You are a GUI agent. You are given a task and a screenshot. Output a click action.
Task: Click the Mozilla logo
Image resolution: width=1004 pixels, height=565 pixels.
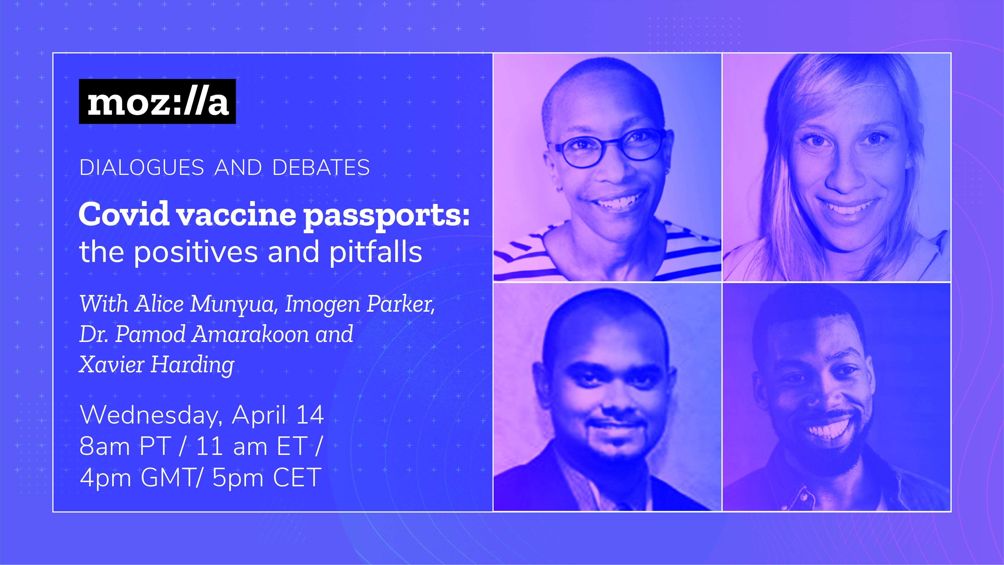coord(157,101)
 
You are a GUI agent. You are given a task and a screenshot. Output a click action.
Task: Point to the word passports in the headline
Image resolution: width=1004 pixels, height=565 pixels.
coord(387,217)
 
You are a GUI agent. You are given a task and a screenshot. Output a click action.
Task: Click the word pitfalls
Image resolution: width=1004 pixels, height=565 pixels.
coord(376,252)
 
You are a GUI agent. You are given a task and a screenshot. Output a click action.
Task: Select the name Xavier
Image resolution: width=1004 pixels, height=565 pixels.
coord(112,364)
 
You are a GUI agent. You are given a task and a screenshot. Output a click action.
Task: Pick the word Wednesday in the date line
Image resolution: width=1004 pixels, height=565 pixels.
coord(151,415)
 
